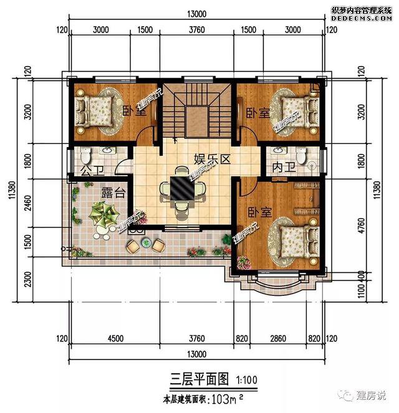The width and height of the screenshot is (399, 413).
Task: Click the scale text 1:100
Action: [246, 379]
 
